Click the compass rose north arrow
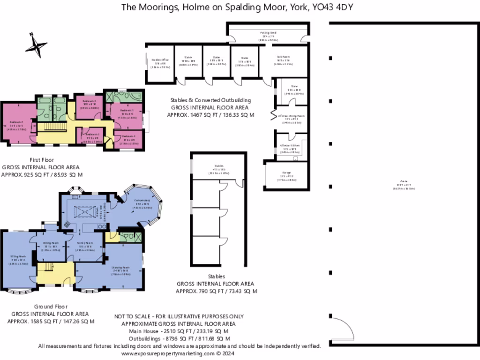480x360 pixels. pos(36,45)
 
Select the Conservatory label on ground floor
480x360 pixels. pos(142,204)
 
